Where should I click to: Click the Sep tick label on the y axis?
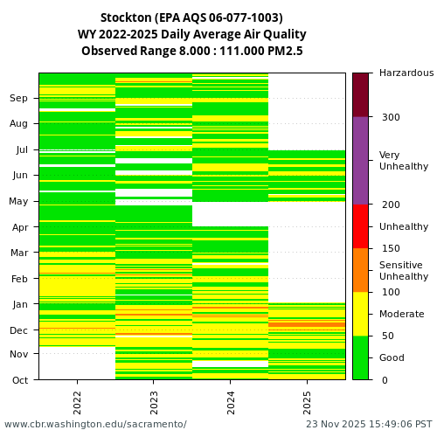point(19,99)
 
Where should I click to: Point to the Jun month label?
point(19,176)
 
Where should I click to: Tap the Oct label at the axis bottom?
point(19,380)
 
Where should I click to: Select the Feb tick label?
point(19,279)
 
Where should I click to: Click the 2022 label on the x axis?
point(77,401)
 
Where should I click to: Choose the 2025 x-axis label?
point(307,401)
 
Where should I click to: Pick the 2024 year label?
point(230,401)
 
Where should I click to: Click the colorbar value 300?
point(390,117)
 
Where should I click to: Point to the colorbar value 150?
point(390,248)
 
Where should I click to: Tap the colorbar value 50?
point(387,336)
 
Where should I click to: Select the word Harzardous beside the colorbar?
point(406,73)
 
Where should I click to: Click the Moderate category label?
point(401,314)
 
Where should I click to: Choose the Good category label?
point(392,357)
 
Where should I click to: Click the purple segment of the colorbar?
point(360,161)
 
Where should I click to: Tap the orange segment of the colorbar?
point(360,270)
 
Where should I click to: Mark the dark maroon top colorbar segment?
point(360,94)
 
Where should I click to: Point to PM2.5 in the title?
point(284,52)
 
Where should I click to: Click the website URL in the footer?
point(95,425)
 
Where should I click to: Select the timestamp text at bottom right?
point(368,425)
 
